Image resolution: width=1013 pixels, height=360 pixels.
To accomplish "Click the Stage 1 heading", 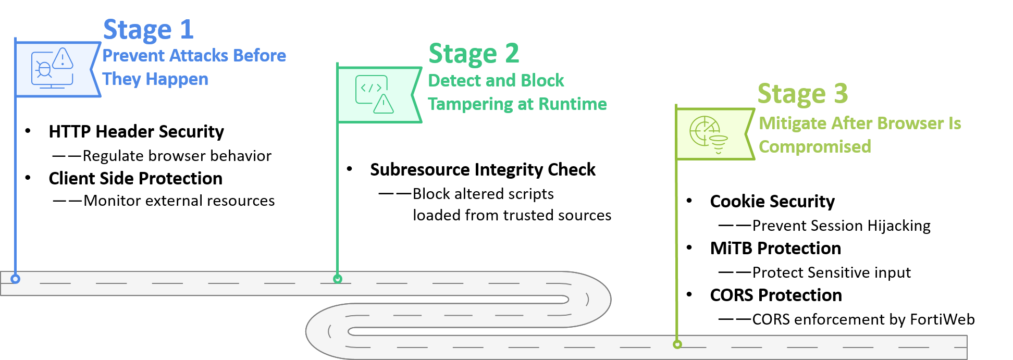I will [149, 30].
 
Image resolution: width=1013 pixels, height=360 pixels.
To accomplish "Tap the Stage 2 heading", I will [474, 54].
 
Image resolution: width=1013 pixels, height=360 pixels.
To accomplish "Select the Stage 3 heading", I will [802, 94].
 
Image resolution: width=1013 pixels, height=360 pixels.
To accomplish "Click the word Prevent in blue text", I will [133, 56].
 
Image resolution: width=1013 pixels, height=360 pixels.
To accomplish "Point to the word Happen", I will [177, 79].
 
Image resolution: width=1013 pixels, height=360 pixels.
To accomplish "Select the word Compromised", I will [814, 147].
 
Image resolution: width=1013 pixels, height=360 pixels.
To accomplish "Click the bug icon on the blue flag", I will [44, 69].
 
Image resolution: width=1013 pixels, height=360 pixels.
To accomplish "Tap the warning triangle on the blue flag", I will [63, 58].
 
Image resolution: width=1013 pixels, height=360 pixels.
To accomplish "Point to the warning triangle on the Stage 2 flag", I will [384, 104].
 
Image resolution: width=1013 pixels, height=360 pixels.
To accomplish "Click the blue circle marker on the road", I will [16, 279].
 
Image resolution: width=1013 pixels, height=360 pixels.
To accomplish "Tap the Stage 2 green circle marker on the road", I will [338, 279].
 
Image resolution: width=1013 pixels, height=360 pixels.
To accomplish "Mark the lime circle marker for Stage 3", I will [677, 344].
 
